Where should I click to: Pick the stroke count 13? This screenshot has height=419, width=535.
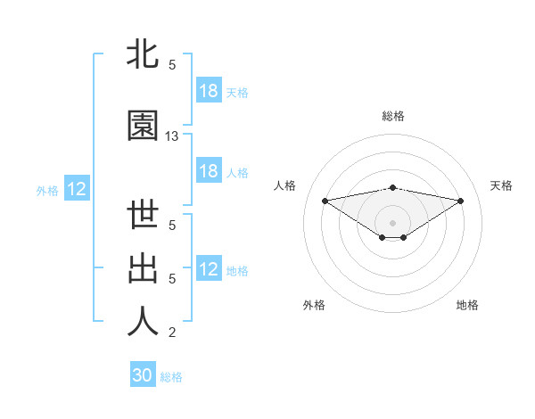tap(172, 136)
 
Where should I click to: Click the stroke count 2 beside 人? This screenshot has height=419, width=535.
tap(172, 333)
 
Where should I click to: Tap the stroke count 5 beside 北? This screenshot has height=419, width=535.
tap(172, 65)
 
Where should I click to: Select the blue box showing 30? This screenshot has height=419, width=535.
tap(143, 376)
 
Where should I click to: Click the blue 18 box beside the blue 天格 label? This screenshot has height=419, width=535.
tap(208, 92)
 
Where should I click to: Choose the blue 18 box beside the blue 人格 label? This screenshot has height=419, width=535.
tap(208, 171)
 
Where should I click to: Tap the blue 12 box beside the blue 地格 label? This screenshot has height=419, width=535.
tap(208, 270)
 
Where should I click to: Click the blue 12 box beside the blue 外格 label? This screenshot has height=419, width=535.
tap(76, 189)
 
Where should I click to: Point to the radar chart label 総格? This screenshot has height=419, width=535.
tap(393, 116)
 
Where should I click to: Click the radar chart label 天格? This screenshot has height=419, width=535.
tap(502, 185)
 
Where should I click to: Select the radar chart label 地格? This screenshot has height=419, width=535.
tap(467, 305)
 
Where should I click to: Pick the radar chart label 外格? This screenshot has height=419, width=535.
tap(314, 305)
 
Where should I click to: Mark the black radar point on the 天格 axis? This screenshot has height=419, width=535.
tap(461, 200)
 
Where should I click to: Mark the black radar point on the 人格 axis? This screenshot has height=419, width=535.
tap(325, 200)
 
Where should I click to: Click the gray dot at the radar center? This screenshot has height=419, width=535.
tap(392, 222)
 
